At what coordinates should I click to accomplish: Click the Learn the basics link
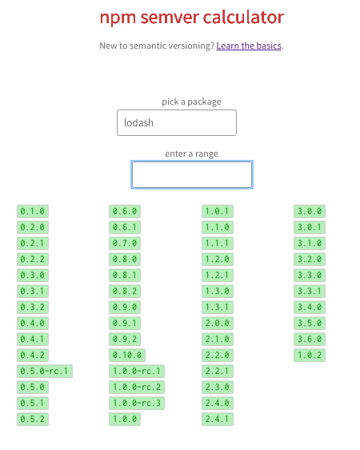pyautogui.click(x=249, y=46)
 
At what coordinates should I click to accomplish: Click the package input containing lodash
pyautogui.click(x=177, y=122)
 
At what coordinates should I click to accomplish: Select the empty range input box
pyautogui.click(x=192, y=174)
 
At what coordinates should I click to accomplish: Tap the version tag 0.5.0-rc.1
pyautogui.click(x=45, y=371)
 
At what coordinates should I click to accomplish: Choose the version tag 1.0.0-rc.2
pyautogui.click(x=137, y=387)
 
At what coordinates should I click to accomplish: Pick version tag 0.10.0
pyautogui.click(x=127, y=356)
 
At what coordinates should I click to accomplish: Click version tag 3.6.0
pyautogui.click(x=310, y=339)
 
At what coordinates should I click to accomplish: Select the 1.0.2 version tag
pyautogui.click(x=310, y=356)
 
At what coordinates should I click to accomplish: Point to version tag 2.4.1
pyautogui.click(x=218, y=419)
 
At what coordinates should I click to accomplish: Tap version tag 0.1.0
pyautogui.click(x=33, y=211)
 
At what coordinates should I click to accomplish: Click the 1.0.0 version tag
pyautogui.click(x=125, y=419)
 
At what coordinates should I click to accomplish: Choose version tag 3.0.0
pyautogui.click(x=310, y=211)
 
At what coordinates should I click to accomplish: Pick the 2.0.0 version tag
pyautogui.click(x=218, y=323)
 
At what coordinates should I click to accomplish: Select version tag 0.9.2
pyautogui.click(x=125, y=339)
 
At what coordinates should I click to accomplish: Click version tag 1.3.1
pyautogui.click(x=218, y=307)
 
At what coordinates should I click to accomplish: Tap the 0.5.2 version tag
pyautogui.click(x=33, y=419)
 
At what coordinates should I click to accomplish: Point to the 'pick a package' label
pyautogui.click(x=191, y=102)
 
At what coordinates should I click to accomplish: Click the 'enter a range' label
pyautogui.click(x=191, y=153)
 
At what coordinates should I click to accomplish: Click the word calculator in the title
pyautogui.click(x=243, y=18)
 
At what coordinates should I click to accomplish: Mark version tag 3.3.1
pyautogui.click(x=310, y=291)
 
